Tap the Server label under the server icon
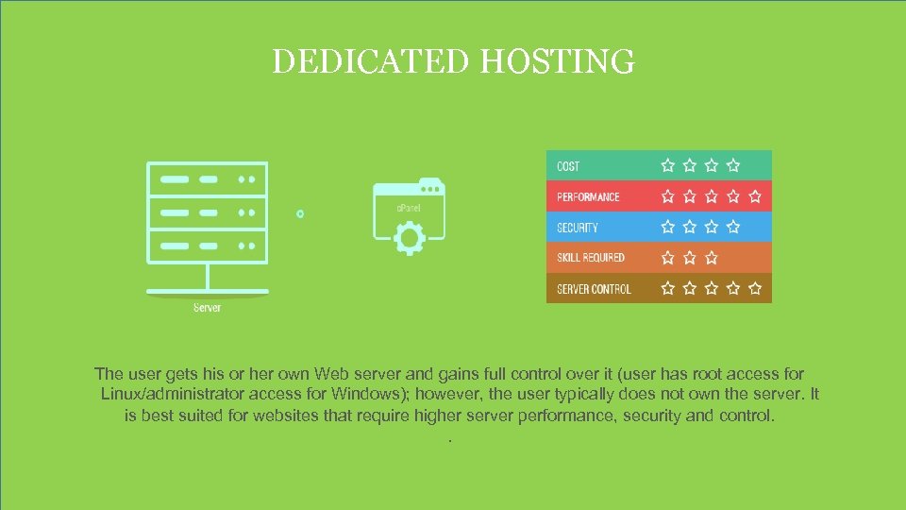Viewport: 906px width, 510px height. pos(207,308)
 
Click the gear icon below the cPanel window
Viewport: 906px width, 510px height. pos(409,237)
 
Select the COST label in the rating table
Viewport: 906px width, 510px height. pos(568,166)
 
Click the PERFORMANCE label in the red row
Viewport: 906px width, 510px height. pos(588,197)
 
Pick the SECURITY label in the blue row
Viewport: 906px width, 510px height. pos(578,228)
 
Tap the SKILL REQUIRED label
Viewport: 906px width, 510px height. pos(591,258)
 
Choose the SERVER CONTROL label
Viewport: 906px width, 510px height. pos(594,289)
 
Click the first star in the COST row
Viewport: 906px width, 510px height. pos(668,165)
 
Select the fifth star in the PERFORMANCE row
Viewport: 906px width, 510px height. pos(755,196)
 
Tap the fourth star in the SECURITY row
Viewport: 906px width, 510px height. pos(733,227)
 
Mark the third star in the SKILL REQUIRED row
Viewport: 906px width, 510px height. pos(712,257)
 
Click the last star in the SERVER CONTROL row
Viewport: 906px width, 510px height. pos(755,288)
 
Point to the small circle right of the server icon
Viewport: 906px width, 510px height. pos(300,214)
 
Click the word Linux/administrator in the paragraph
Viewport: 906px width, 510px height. pos(176,394)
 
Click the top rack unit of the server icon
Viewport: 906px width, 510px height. pos(207,178)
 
